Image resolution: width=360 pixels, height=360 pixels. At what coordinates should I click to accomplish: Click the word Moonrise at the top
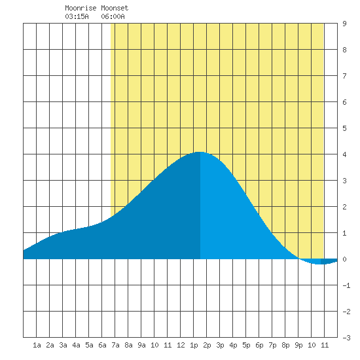tap(81, 8)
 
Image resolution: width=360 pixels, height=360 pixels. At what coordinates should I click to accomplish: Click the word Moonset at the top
tap(115, 8)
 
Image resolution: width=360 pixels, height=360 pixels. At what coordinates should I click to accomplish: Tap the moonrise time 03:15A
tap(77, 16)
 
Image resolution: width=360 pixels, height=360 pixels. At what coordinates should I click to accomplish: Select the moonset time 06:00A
tap(113, 16)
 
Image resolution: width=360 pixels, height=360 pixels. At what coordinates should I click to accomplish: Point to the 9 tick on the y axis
tap(344, 24)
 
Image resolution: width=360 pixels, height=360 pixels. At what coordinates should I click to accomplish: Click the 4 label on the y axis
tap(344, 154)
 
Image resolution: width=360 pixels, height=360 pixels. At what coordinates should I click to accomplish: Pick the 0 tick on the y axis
tap(344, 259)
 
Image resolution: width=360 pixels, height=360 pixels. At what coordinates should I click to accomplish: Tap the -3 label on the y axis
tap(346, 338)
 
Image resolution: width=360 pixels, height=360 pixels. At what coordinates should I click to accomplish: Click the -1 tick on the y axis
tap(346, 285)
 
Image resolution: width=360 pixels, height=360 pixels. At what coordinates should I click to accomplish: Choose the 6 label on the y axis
tap(344, 102)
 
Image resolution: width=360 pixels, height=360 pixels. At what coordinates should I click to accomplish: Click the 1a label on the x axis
tap(37, 345)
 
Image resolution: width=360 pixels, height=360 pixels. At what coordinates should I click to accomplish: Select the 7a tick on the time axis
tap(115, 345)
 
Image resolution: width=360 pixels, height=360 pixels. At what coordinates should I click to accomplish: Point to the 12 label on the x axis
tap(181, 345)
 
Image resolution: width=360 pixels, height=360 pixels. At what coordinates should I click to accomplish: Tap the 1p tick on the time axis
tap(194, 345)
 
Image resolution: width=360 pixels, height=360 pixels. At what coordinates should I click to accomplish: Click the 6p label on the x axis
tap(259, 345)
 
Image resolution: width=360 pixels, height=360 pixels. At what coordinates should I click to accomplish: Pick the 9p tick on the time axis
tap(298, 345)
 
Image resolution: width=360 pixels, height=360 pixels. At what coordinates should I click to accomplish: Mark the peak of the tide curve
tap(199, 152)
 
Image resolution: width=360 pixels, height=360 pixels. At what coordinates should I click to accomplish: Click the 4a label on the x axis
tap(76, 345)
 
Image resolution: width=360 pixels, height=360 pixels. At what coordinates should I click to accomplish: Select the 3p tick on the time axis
tap(220, 345)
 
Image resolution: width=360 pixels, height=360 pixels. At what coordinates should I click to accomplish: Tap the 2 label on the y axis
tap(344, 207)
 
